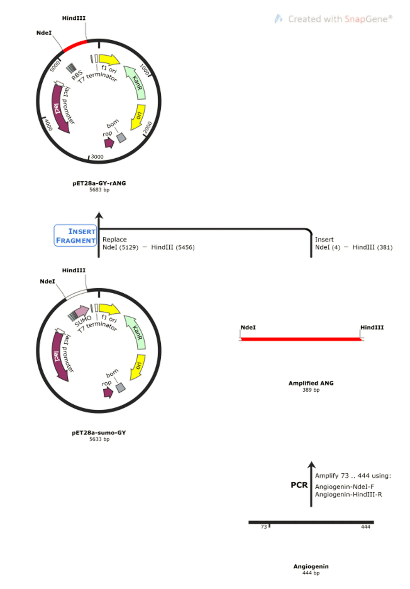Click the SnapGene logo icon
[x=278, y=19]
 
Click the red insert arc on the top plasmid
[x=75, y=45]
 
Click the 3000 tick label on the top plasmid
[x=97, y=157]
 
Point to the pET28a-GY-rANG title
[x=99, y=183]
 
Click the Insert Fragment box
[x=75, y=235]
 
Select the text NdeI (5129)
[x=120, y=247]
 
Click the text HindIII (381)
[x=372, y=247]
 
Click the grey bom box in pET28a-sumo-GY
[x=120, y=387]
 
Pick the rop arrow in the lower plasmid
[x=108, y=392]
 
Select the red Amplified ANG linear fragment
[x=301, y=339]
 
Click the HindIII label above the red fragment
[x=372, y=327]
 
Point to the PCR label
[x=299, y=485]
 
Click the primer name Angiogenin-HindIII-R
[x=348, y=495]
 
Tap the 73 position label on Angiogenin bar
[x=264, y=527]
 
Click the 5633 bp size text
[x=99, y=439]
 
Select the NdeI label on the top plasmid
[x=44, y=33]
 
